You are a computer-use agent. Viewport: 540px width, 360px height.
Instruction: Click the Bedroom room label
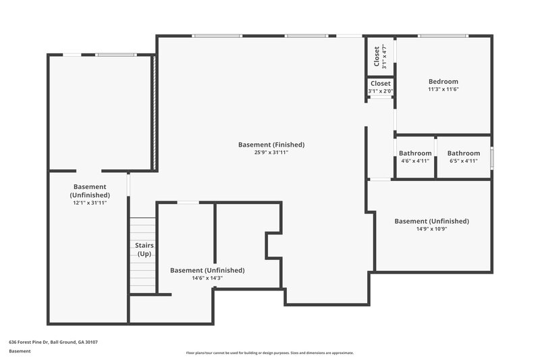(443, 82)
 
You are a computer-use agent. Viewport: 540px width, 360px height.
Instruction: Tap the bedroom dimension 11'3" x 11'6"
(443, 89)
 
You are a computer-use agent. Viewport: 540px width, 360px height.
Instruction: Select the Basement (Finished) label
(271, 145)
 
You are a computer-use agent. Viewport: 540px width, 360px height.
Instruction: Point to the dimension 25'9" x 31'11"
(271, 153)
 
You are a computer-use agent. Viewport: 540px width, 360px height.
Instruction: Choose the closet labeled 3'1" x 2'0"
(381, 87)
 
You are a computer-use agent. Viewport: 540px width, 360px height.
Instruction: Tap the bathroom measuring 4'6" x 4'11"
(415, 157)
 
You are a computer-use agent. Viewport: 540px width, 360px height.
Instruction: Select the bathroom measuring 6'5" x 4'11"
(464, 157)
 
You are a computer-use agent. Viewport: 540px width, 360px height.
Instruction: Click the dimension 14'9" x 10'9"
(431, 229)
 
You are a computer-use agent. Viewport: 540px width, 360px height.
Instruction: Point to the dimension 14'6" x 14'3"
(207, 278)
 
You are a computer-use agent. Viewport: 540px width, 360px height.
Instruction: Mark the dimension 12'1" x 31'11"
(89, 203)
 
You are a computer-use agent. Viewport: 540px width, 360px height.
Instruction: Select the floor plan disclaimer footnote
(269, 353)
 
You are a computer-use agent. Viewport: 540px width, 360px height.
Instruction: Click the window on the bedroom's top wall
(442, 36)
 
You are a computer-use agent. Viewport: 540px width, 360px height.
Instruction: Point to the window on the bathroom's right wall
(491, 157)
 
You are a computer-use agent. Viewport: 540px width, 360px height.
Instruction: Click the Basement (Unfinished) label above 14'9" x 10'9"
(431, 221)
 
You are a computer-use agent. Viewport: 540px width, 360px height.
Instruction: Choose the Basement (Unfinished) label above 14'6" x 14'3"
(207, 270)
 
